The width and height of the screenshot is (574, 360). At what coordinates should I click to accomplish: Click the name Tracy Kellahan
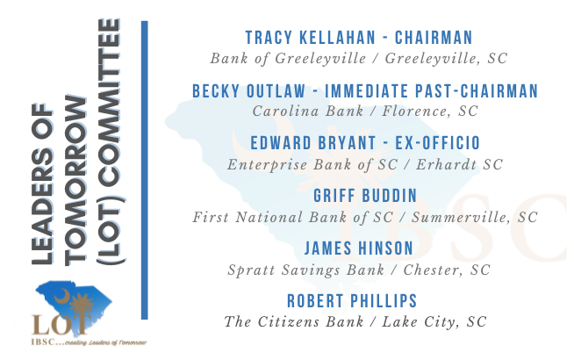click(x=311, y=38)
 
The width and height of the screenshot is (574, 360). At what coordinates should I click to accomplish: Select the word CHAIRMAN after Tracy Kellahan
click(x=434, y=38)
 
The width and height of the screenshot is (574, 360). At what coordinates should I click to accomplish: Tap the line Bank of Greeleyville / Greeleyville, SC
click(x=359, y=58)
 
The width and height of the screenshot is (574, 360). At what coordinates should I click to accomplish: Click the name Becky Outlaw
click(x=248, y=90)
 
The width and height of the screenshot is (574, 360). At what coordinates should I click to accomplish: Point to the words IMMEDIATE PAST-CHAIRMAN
click(x=431, y=90)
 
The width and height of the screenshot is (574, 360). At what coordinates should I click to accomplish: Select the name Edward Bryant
click(x=313, y=143)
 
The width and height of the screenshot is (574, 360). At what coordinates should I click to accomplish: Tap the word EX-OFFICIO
click(x=437, y=143)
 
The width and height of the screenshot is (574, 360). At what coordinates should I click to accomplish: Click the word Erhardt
click(x=446, y=164)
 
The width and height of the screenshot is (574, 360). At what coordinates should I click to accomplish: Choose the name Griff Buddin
click(x=365, y=196)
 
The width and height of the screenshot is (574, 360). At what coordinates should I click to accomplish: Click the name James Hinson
click(x=359, y=248)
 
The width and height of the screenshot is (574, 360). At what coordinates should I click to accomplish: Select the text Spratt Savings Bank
click(x=306, y=270)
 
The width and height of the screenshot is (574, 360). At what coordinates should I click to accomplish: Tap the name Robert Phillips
click(x=352, y=301)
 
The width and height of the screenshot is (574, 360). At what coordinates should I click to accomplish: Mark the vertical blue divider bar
click(x=145, y=170)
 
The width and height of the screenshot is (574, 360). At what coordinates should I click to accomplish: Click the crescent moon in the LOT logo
click(x=61, y=296)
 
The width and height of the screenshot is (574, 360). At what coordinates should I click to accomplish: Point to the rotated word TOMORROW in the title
click(x=75, y=181)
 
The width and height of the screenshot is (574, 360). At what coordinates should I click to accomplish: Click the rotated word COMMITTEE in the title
click(x=109, y=102)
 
